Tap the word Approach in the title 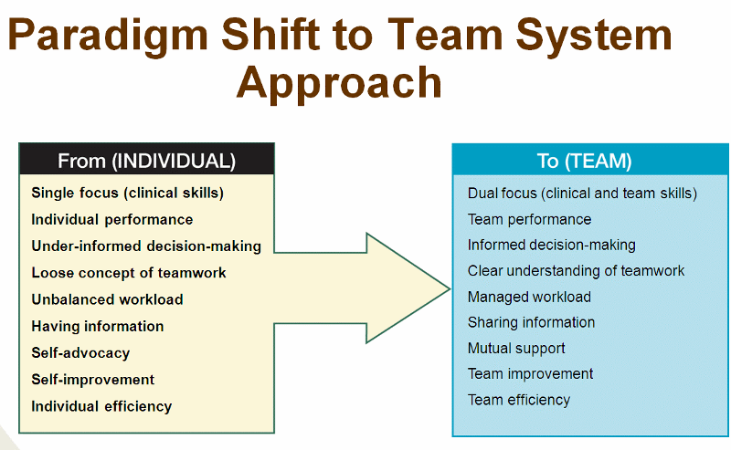pos(339,83)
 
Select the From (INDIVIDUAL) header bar pos(146,159)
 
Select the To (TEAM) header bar pos(589,160)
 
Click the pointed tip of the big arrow pos(450,288)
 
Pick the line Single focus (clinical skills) pos(128,193)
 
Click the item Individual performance pos(111,219)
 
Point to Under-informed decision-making pos(146,246)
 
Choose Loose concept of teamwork pos(129,273)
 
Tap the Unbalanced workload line pos(107,299)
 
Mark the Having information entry pos(98,326)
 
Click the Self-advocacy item pos(80,352)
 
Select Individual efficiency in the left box pos(101,406)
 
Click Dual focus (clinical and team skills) pos(582,194)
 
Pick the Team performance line pos(529,219)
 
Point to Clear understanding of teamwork pos(576,271)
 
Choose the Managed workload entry pos(529,297)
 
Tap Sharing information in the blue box pos(531,322)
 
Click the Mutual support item pos(516,349)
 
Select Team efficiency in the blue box pos(519,400)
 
